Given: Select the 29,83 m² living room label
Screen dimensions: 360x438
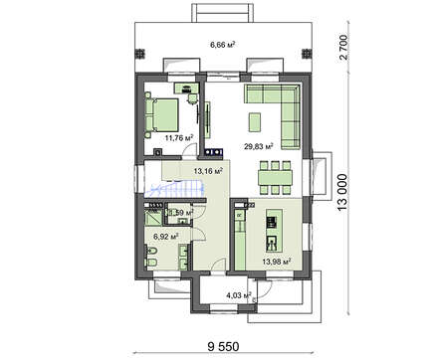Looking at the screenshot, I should click(x=260, y=145).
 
